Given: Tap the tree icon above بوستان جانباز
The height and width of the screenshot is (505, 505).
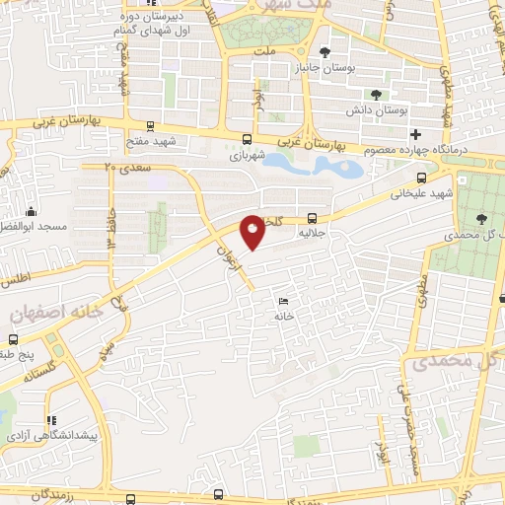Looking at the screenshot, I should tap(326, 53).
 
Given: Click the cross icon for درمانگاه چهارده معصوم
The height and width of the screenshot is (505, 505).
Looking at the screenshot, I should tap(416, 133).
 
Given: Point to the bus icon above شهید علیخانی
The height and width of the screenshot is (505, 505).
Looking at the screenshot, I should tap(422, 179).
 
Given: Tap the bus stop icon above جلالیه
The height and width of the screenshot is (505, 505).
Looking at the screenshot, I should tap(313, 218).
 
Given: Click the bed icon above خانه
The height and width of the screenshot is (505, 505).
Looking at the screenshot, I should tap(284, 302).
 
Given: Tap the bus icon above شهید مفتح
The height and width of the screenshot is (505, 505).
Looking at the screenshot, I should tap(149, 125).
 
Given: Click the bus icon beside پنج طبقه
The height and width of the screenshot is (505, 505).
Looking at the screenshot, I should tap(51, 350).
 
